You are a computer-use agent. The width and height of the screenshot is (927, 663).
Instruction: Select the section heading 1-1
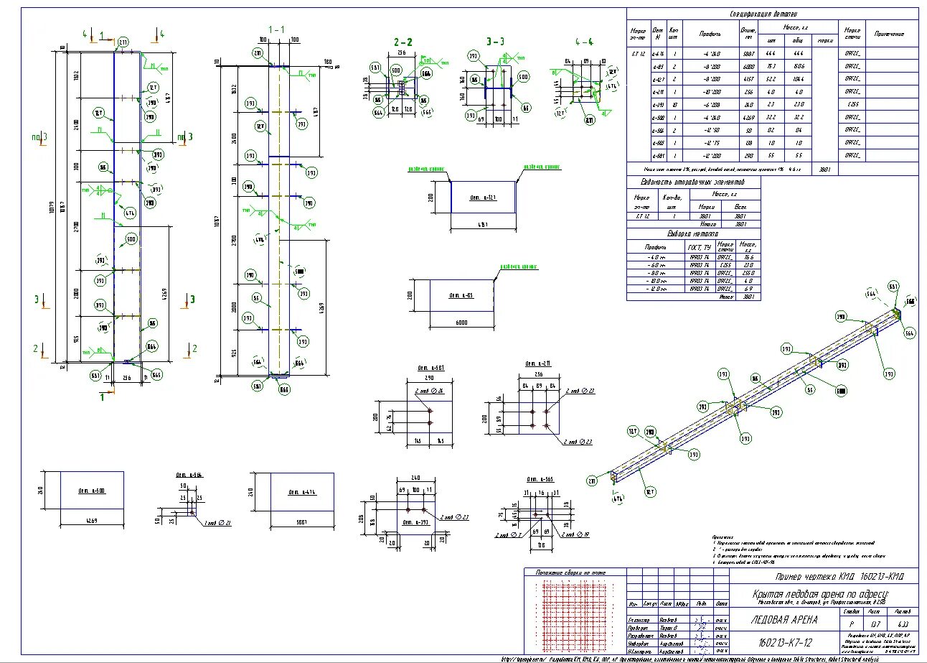click(x=276, y=29)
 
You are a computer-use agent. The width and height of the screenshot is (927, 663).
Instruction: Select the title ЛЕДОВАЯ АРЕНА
click(x=784, y=619)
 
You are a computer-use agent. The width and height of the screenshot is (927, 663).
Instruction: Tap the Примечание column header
click(x=889, y=34)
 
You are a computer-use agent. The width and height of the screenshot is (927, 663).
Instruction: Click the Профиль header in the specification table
click(x=710, y=34)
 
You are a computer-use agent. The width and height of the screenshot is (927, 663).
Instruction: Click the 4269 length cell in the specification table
click(x=748, y=117)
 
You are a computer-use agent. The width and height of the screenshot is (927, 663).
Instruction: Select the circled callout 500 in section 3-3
click(x=523, y=77)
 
